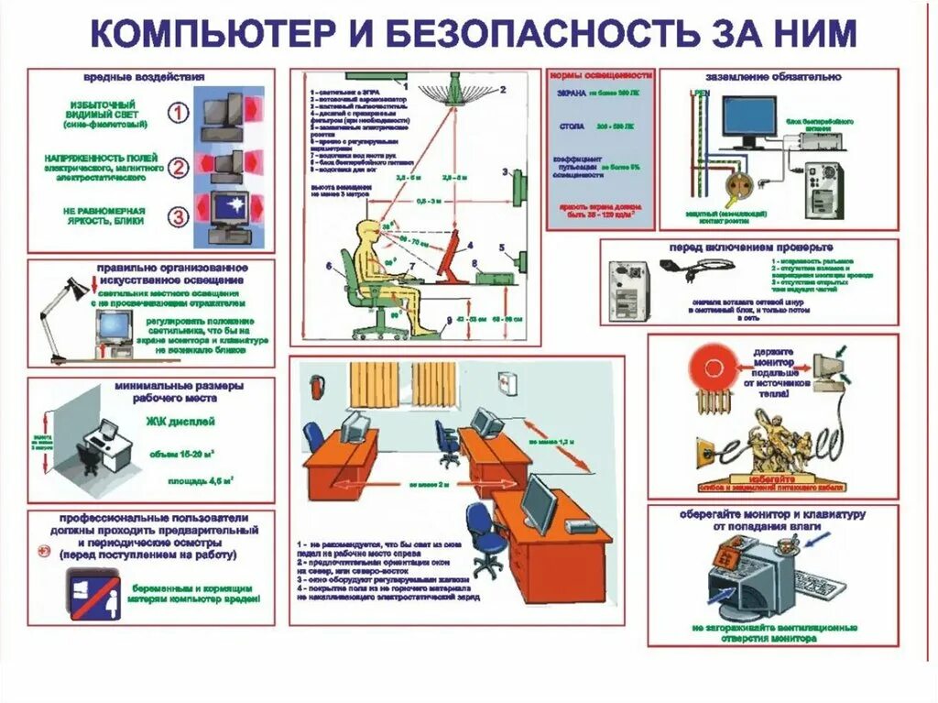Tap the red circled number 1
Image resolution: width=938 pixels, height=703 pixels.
coord(179,113)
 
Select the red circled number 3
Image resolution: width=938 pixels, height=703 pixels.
coord(179,216)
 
